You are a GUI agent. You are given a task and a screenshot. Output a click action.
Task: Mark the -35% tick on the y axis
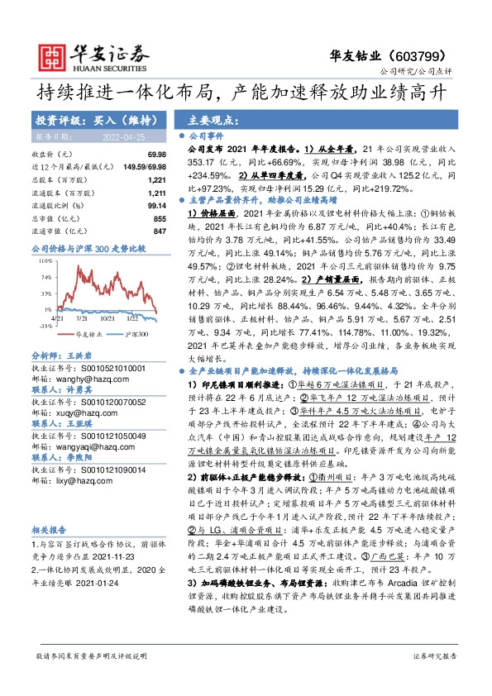point(45,325)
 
